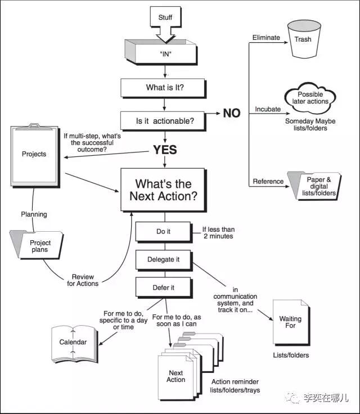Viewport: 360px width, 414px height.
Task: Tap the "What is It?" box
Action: point(164,87)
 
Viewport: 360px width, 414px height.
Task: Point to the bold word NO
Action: point(232,114)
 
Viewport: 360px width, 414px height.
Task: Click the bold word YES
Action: point(164,150)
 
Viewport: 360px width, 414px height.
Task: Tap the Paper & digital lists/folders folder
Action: point(316,186)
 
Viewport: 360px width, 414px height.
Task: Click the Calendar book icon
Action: point(73,342)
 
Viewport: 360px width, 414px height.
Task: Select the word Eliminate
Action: point(266,38)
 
